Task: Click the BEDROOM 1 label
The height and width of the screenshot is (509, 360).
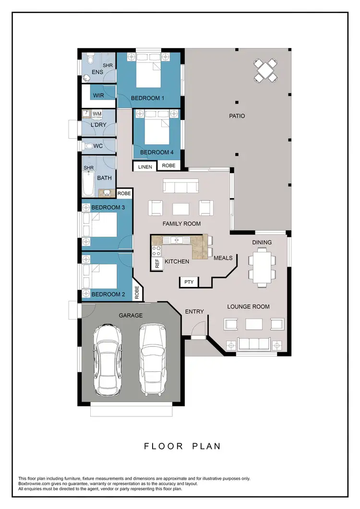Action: (148, 98)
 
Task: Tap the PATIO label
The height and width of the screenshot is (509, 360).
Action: (237, 116)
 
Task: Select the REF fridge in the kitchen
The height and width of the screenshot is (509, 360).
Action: (156, 263)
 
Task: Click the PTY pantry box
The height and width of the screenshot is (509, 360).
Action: (189, 282)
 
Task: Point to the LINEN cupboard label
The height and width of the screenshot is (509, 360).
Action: (145, 167)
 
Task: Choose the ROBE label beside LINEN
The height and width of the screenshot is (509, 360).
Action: (168, 166)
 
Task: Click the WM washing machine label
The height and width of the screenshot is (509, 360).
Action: (97, 114)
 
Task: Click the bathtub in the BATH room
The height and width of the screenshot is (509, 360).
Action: (87, 185)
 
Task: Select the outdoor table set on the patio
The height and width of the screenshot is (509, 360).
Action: (265, 70)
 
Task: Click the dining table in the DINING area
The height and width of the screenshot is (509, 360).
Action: (262, 267)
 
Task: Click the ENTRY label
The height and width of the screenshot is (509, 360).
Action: (194, 312)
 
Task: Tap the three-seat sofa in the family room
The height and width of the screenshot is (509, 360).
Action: (180, 186)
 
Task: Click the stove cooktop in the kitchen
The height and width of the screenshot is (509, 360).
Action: (156, 249)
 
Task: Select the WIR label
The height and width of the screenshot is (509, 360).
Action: (98, 95)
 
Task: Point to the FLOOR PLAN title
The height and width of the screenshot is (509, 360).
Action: (182, 446)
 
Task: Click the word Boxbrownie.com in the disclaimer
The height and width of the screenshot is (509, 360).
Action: (34, 484)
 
